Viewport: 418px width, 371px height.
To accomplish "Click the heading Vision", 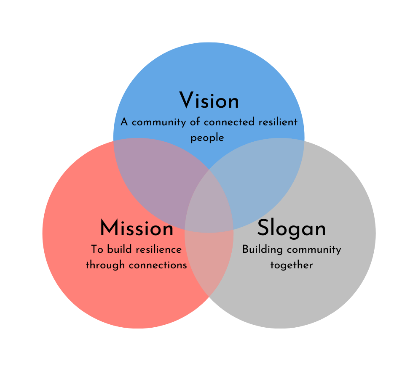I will [x=209, y=101].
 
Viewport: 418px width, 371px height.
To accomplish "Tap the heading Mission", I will [x=137, y=229].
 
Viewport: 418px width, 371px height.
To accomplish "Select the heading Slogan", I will [x=292, y=229].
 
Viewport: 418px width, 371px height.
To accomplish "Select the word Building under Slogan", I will [x=261, y=249].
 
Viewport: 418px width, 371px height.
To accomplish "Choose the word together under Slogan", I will [x=292, y=265].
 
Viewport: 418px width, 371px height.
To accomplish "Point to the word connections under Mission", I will [x=158, y=265].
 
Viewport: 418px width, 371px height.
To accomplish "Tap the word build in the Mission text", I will [x=116, y=249].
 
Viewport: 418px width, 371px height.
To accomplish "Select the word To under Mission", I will [x=97, y=249].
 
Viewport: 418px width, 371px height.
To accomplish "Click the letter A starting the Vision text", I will [x=124, y=122].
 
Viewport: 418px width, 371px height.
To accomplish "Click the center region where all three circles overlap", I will [x=209, y=206].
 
